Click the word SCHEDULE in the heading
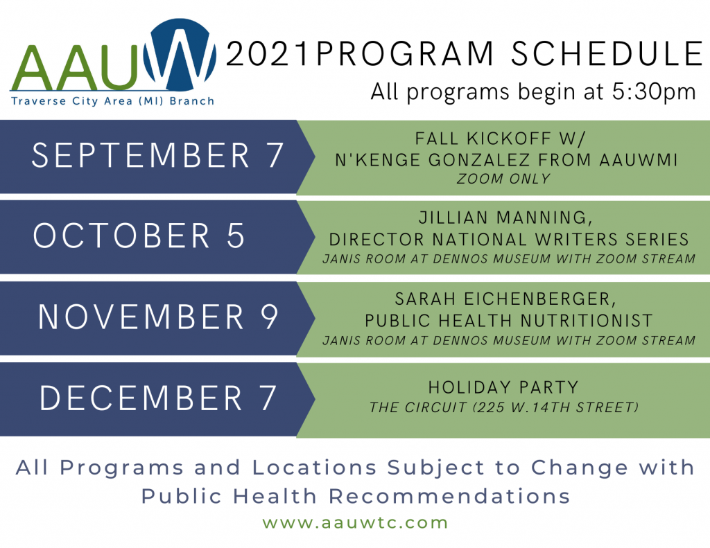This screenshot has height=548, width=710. click(607, 54)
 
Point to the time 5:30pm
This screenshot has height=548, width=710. click(654, 92)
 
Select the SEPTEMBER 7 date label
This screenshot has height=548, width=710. click(157, 155)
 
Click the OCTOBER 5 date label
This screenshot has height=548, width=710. click(139, 236)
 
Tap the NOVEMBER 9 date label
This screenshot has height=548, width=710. click(158, 317)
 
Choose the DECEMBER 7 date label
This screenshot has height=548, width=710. click(157, 398)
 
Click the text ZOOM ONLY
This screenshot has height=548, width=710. click(503, 179)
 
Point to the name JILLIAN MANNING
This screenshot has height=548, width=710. click(505, 218)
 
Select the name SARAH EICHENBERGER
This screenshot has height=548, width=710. click(505, 299)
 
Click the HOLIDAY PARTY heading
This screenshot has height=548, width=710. click(503, 387)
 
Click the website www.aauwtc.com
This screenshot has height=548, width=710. click(356, 522)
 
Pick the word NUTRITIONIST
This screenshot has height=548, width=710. click(587, 320)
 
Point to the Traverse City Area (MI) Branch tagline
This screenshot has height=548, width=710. click(113, 101)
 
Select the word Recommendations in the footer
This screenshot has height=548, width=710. click(449, 497)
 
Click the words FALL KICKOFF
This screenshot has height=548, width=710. click(483, 138)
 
